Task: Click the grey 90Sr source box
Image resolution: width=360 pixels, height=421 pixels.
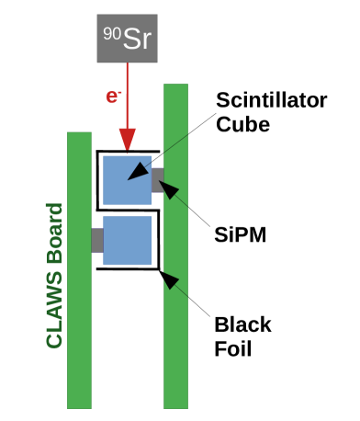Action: tap(129, 37)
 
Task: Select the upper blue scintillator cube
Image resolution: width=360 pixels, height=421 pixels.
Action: tap(128, 179)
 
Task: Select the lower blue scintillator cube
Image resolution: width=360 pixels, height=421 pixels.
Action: tap(128, 241)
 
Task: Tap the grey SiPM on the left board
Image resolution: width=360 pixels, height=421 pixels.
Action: tap(97, 240)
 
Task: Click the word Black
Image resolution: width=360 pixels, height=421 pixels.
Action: tap(242, 324)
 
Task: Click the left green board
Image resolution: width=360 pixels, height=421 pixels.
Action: tap(79, 349)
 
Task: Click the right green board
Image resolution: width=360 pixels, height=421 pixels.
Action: tap(176, 349)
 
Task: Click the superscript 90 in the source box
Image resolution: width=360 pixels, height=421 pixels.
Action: tap(108, 29)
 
